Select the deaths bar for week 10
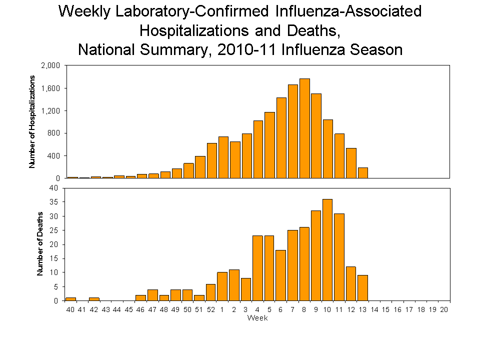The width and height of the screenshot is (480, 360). point(328,250)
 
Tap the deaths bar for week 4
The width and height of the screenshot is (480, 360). point(257,268)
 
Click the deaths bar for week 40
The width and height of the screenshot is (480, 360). point(70,299)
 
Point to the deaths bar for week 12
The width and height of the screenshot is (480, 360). point(351,283)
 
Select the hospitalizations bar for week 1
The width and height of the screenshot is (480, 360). point(223,157)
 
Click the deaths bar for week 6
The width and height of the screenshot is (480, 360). point(281,275)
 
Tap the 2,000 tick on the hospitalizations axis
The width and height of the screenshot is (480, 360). point(50,65)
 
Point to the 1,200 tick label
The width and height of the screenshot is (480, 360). point(50,110)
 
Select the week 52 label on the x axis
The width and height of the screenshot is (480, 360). point(211,310)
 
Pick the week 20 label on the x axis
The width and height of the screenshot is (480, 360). point(444,310)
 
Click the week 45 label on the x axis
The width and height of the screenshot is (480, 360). point(129,310)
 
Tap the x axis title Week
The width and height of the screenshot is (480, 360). point(257,318)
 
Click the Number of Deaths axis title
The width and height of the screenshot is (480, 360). point(40,244)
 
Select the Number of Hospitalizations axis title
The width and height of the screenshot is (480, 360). point(32,121)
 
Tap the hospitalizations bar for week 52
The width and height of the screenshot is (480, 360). point(211,160)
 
